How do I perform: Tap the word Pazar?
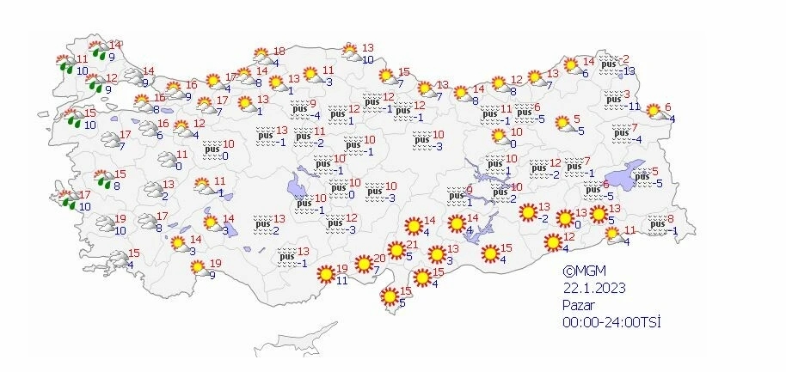578,305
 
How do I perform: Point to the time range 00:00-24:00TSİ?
604,322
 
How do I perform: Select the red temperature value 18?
278,52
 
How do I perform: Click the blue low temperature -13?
629,70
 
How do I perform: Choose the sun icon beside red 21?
396,251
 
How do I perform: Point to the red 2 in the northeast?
627,58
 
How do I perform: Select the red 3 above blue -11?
627,95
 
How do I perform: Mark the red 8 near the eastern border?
671,220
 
